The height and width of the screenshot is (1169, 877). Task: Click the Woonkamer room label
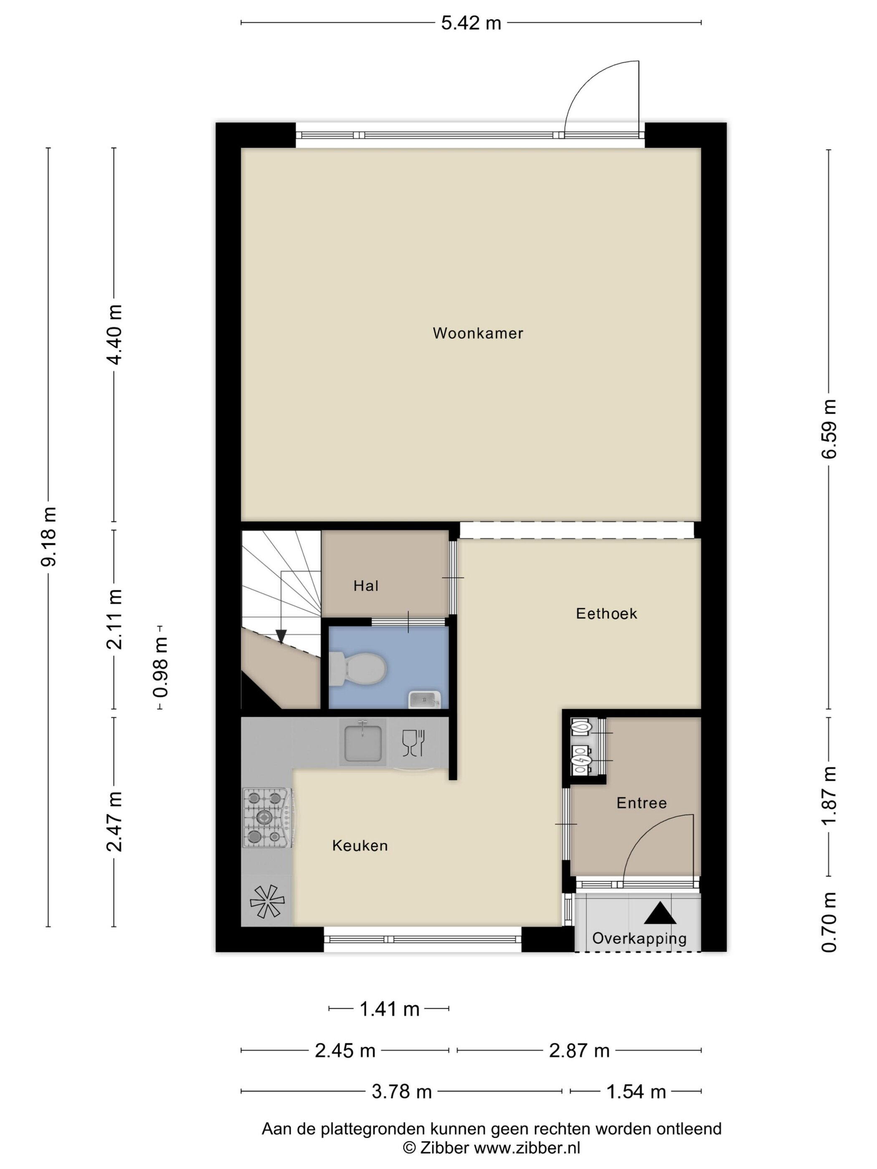click(x=478, y=334)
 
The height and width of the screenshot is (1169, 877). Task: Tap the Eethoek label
click(x=606, y=614)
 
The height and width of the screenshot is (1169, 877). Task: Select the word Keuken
click(x=360, y=845)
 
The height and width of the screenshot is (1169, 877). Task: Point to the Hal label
click(x=366, y=586)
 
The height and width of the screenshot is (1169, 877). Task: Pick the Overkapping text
click(x=639, y=939)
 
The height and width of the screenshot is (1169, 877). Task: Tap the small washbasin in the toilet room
click(x=424, y=700)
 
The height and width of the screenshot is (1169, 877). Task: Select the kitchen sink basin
click(x=362, y=742)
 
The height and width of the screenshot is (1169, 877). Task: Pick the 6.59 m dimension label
click(x=829, y=429)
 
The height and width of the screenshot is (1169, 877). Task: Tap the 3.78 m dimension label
click(x=402, y=1091)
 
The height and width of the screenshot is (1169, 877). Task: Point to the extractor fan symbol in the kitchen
click(x=267, y=901)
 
